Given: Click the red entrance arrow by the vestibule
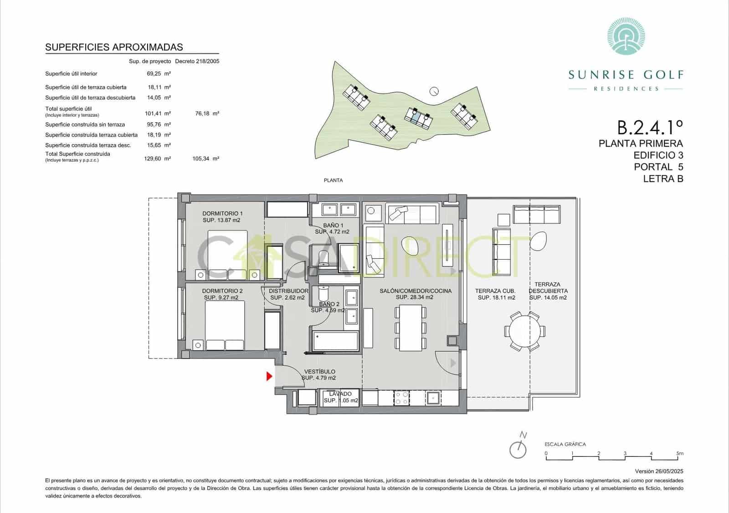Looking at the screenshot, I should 269,376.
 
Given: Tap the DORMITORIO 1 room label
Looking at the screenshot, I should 222,214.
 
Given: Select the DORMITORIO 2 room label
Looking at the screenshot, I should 222,291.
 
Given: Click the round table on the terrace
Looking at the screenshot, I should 524,330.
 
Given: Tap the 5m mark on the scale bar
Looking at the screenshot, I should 680,454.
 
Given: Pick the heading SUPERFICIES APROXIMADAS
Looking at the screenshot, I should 114,47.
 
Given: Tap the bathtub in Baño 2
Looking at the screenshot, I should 336,341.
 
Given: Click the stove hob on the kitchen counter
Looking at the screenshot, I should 401,398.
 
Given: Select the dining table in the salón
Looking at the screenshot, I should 410,328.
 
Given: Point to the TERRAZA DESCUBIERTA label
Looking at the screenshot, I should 548,287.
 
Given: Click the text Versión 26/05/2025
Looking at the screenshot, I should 659,472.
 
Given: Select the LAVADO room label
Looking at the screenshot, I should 341,394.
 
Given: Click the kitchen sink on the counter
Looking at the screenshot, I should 433,398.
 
